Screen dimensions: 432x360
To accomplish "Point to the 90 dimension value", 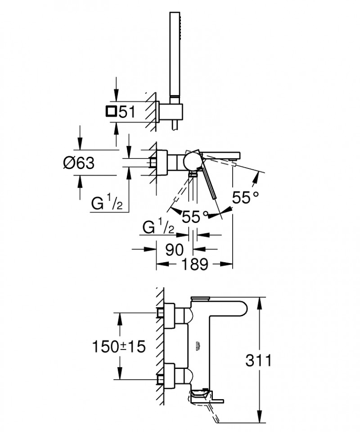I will tap(175, 249).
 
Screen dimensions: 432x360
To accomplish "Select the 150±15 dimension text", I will tap(120, 347).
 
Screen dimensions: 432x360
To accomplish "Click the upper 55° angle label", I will tap(246, 197).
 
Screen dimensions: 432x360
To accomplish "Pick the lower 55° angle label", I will tap(195, 217).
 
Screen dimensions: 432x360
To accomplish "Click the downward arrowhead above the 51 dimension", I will tap(117, 95).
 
